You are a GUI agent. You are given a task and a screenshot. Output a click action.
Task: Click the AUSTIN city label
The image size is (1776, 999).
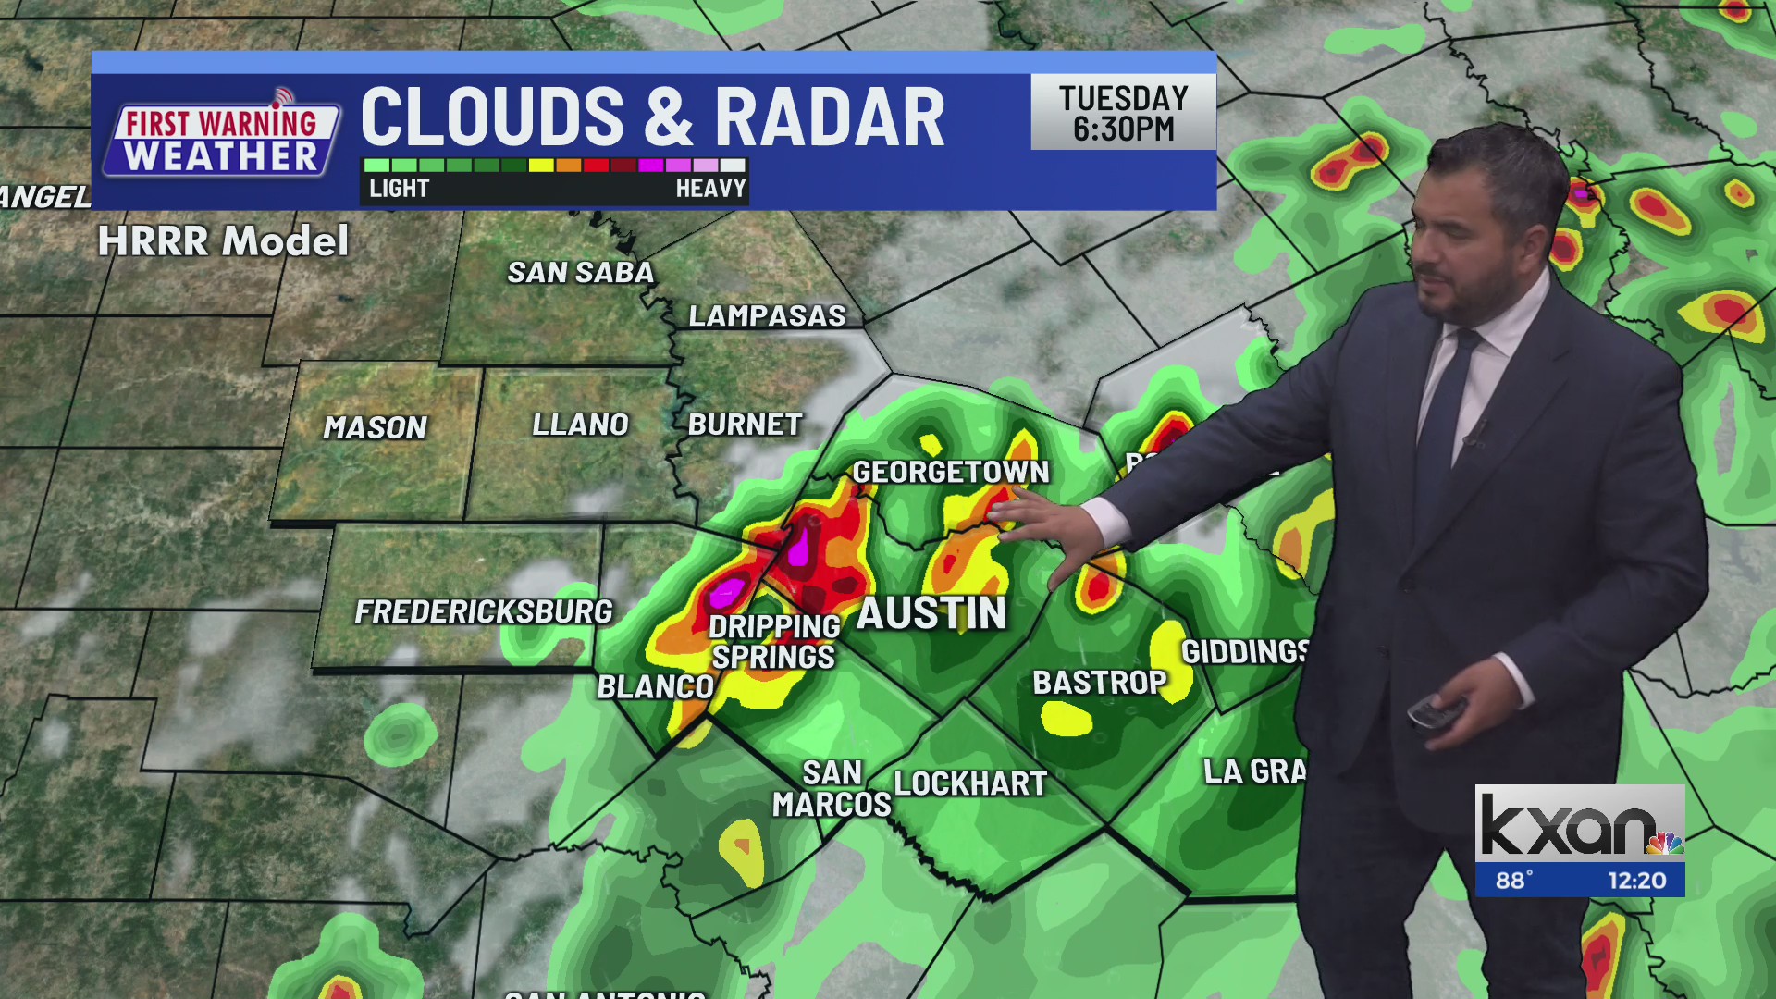coord(931,614)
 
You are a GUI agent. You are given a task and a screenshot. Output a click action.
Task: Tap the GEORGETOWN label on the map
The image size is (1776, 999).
coord(951,473)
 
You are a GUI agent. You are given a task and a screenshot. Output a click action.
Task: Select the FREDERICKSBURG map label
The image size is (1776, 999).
coord(484,611)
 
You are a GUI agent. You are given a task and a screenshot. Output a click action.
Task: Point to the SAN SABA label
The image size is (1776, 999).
coord(580,273)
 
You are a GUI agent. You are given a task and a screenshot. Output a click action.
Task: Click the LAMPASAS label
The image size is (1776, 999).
coord(767,316)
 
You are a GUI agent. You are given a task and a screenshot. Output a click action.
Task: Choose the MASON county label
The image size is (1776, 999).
coord(375,427)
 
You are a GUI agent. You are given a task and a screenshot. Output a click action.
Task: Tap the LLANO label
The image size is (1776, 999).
coord(580,425)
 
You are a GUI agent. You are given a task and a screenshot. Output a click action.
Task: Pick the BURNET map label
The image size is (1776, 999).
coord(745,425)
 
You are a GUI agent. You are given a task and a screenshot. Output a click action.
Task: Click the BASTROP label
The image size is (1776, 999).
coord(1100,683)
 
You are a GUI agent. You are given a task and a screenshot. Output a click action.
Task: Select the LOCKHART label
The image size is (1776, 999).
coord(970,783)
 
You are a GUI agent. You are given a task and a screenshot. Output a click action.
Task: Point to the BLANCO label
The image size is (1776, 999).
coord(655,687)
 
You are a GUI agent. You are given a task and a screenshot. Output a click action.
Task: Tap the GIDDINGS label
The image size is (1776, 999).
coord(1245,652)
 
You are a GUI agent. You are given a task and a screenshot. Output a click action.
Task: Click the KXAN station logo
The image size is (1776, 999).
coord(1579,824)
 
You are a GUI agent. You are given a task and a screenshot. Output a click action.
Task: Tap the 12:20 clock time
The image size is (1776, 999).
coord(1636,881)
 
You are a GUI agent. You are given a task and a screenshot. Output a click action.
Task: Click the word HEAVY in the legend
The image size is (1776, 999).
coord(709,189)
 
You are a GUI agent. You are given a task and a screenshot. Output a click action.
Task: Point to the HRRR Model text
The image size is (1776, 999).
coord(223,241)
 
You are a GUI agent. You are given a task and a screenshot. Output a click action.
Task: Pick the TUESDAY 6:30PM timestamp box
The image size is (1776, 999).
coord(1123,113)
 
